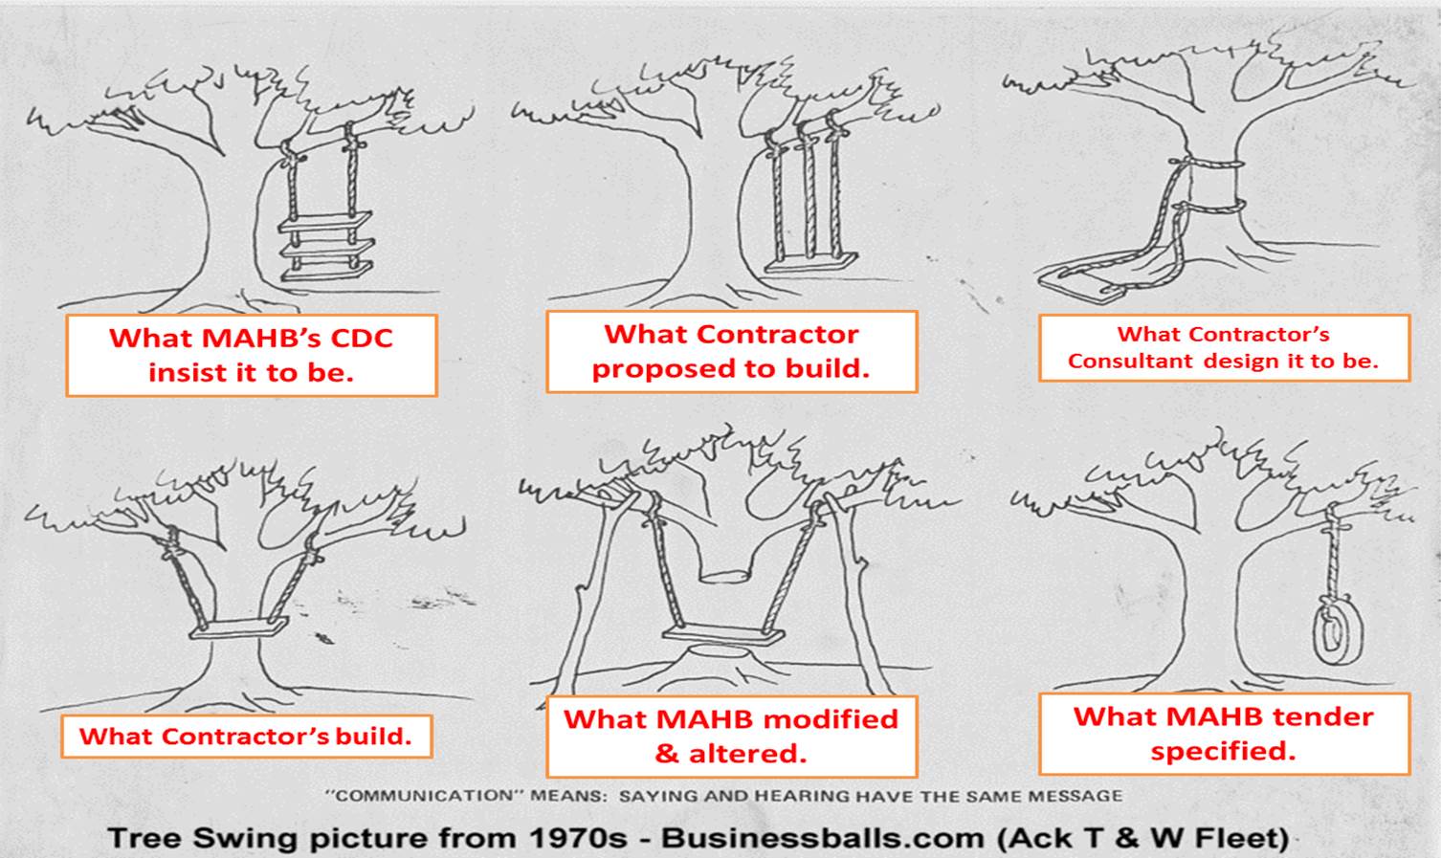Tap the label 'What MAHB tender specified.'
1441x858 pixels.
(x=1223, y=734)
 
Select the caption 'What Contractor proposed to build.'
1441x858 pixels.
(x=730, y=351)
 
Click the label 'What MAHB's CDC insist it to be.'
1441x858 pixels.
(x=251, y=355)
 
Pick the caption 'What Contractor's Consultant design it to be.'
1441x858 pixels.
(x=1223, y=347)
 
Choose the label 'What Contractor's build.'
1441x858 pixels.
(x=245, y=737)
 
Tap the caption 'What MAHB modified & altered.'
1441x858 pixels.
(x=730, y=736)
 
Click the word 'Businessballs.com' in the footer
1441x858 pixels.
(x=823, y=838)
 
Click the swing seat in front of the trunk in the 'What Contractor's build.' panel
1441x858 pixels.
(x=239, y=628)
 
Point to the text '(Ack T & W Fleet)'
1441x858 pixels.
(x=1142, y=838)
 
